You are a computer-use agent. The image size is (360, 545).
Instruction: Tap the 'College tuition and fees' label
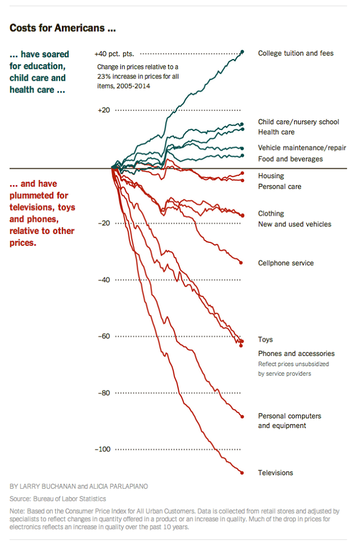coord(295,53)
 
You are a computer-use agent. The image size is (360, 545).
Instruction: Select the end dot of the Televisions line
coord(242,472)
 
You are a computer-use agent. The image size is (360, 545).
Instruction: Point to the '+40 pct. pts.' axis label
coord(115,54)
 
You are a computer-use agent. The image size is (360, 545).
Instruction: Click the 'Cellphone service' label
coord(286,263)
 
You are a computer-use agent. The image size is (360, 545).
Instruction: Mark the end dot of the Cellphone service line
coord(241,263)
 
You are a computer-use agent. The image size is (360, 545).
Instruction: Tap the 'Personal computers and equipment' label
coord(289,421)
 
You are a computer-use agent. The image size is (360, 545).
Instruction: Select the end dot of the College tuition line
coord(242,52)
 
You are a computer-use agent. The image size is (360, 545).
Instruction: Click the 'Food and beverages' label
coord(290,159)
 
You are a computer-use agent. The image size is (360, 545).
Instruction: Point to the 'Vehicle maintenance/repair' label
coord(302,148)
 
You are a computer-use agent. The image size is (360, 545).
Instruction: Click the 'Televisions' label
coord(275,473)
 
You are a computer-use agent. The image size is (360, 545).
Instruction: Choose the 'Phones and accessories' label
coord(296,354)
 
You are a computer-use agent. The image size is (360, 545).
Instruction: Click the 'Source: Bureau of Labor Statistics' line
coord(58,499)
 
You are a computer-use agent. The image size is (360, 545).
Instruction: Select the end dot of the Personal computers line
coord(242,417)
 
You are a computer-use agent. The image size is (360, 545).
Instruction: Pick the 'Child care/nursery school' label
coord(298,121)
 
